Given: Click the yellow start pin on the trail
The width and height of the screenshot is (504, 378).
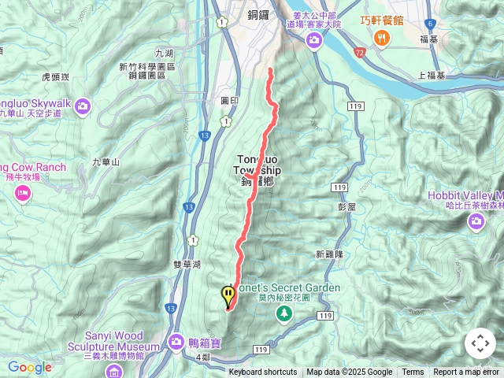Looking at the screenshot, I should pos(228,296).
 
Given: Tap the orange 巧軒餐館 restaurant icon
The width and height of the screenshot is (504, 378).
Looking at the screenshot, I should pos(382,38).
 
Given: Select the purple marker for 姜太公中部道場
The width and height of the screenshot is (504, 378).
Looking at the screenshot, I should pos(314,39).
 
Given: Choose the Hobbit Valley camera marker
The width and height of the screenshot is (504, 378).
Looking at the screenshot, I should pos(476,221).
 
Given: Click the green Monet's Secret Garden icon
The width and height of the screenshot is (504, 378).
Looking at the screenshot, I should pos(283,313).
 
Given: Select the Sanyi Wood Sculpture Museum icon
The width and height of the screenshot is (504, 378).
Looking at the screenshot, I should pos(115,369).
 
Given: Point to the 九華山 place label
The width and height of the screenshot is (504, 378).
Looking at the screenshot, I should pos(105,161).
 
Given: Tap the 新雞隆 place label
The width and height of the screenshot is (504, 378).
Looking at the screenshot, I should pos(329,254).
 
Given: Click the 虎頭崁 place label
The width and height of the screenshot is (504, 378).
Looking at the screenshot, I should pos(55,77).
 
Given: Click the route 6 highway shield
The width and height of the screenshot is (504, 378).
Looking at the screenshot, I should pos(452,24).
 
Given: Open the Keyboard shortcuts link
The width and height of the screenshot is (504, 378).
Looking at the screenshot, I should pos(263,372).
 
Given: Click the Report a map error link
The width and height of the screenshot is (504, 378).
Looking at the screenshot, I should pos(467,372).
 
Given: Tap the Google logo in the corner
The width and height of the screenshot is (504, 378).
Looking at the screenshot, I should pos(29,367).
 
